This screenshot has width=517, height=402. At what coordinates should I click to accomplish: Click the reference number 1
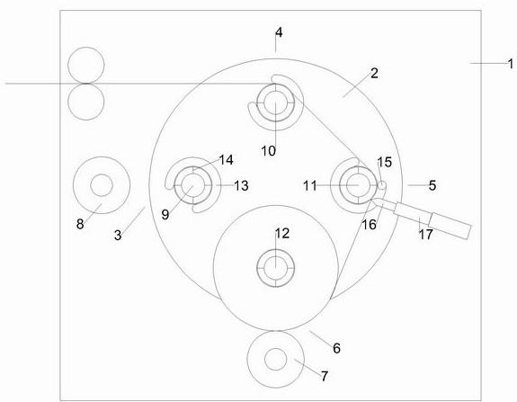click(x=511, y=64)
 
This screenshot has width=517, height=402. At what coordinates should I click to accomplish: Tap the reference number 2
click(x=374, y=73)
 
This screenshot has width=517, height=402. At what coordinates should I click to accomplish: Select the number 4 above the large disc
click(x=279, y=32)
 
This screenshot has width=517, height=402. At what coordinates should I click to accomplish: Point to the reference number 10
click(x=269, y=151)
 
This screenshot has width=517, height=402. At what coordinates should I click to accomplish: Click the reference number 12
click(x=282, y=234)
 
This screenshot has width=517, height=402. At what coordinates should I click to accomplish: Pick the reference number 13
click(x=241, y=185)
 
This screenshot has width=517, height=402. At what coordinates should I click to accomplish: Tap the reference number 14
click(x=227, y=160)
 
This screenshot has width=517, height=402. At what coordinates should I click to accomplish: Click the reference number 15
click(x=385, y=162)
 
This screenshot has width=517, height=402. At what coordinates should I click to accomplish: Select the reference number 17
click(x=425, y=235)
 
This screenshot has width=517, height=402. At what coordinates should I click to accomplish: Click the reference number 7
click(x=325, y=376)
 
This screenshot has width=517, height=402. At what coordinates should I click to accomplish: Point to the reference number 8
click(x=80, y=224)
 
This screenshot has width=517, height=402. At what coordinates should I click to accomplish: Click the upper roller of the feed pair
click(x=86, y=66)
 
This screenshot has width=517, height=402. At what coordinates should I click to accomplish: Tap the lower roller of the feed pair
click(x=86, y=102)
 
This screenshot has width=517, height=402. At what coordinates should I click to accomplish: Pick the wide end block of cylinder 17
click(x=450, y=225)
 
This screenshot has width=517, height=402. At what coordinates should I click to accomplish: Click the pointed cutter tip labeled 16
click(x=372, y=201)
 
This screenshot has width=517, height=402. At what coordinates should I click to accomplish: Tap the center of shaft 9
click(x=193, y=185)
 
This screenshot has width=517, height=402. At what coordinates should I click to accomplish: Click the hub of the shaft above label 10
click(x=276, y=103)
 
